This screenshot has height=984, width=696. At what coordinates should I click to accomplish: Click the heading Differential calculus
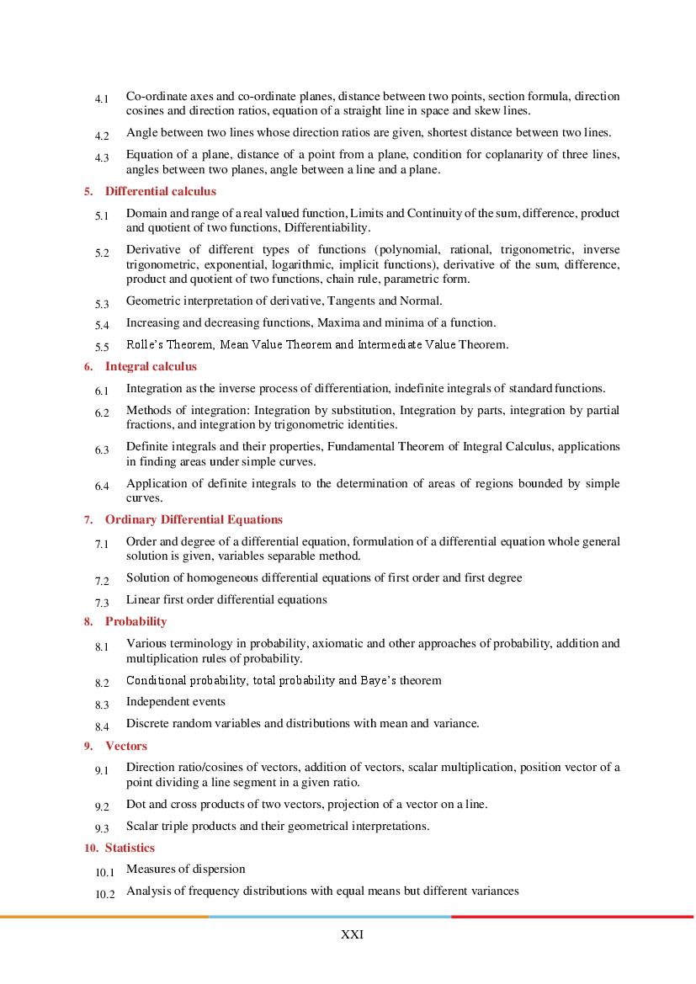coord(160,191)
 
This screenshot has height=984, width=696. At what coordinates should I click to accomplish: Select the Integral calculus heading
coord(151,366)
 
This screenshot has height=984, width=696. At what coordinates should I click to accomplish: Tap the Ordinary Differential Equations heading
coord(194,519)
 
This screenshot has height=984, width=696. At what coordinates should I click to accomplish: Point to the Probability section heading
coord(135,621)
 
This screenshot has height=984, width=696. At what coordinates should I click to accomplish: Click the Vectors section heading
coord(125,746)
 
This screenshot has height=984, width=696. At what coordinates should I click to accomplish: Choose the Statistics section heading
coord(130,848)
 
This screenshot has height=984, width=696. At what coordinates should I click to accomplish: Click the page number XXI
coord(352,934)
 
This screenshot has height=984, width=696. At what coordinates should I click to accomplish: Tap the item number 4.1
coord(102,99)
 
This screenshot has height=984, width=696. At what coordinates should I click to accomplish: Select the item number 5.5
coord(102,347)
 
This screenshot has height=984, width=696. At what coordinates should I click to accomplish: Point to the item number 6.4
coord(102,487)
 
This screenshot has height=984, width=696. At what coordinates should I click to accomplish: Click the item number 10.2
coord(104,894)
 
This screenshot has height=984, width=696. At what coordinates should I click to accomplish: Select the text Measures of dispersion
coord(185,869)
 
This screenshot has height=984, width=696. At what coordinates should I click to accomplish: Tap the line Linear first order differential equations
coord(226,599)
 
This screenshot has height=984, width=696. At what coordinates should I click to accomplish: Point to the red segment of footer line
coord(572,917)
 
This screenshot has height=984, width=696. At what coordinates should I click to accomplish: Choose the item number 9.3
coord(102,828)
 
